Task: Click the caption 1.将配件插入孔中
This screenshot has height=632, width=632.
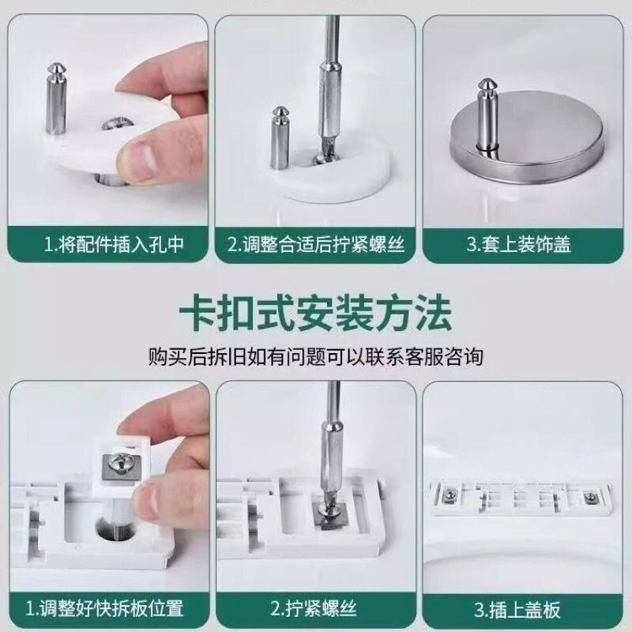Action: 114,245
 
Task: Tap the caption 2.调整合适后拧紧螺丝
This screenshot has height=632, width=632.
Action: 315,245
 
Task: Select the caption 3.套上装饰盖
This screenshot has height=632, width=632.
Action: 519,245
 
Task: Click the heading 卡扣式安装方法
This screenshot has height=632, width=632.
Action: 315,314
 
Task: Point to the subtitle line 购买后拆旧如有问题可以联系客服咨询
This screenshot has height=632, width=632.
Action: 315,357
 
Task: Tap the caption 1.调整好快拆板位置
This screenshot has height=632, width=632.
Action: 104,608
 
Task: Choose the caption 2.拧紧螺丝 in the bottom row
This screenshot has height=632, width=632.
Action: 314,608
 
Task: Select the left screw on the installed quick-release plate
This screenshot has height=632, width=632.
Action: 449,495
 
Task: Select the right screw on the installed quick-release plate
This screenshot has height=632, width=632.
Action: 590,497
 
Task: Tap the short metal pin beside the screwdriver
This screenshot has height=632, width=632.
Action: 280,137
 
